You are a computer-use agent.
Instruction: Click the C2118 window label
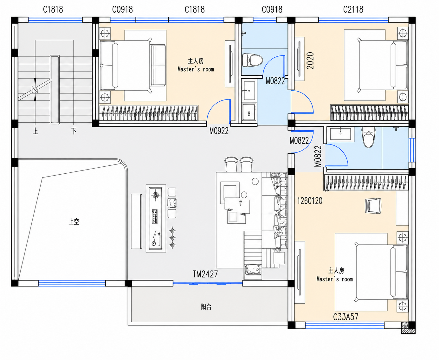(x=353, y=10)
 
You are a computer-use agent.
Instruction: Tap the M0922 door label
(x=219, y=131)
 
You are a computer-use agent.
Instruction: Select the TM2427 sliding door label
(x=205, y=274)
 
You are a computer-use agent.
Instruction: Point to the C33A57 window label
(x=345, y=317)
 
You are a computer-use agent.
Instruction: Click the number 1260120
(x=310, y=201)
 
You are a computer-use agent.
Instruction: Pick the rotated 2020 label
(x=310, y=61)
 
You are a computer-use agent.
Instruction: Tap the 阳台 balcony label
(x=206, y=307)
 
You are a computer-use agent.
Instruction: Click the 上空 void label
(x=74, y=222)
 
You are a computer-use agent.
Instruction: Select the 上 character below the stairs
(x=36, y=131)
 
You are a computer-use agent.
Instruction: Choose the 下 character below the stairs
(x=74, y=131)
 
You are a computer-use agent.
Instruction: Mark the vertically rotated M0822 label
(x=318, y=156)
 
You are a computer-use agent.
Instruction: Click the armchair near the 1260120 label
(x=373, y=206)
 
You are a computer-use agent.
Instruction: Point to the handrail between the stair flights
(x=55, y=89)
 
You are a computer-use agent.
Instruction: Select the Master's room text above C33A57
(x=335, y=279)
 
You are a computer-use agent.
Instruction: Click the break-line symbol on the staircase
(x=35, y=90)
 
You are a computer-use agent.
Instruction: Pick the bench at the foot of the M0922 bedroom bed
(x=158, y=65)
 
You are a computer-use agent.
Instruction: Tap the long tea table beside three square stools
(x=156, y=218)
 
